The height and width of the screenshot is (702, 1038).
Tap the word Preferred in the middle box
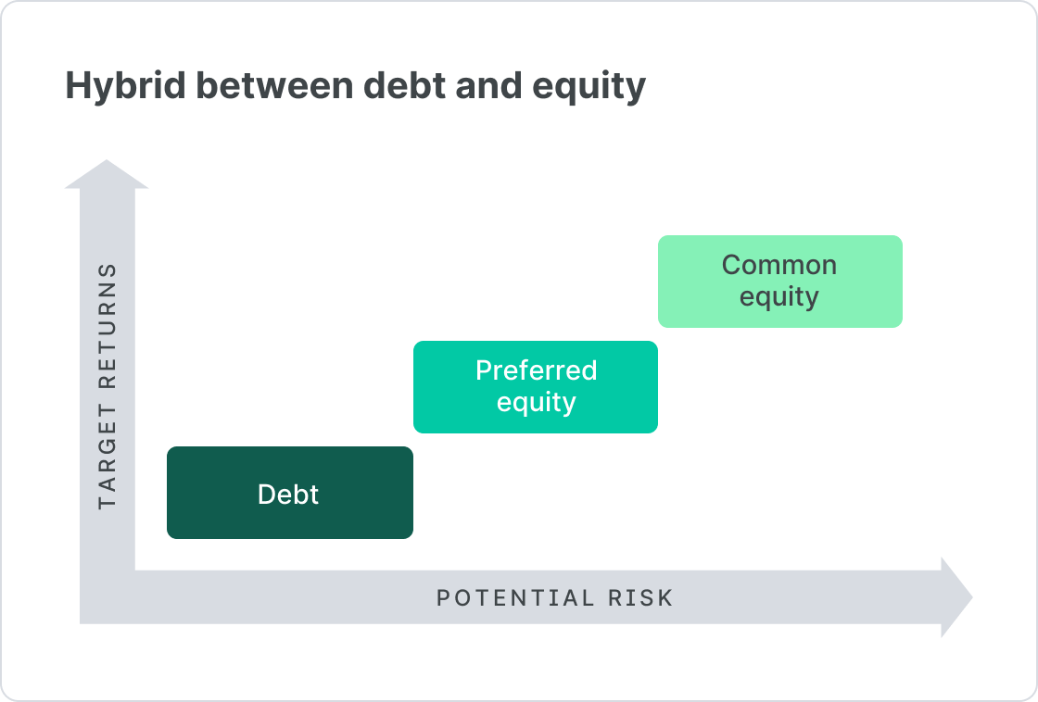(x=536, y=370)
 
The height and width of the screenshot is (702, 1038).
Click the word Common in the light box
(x=778, y=265)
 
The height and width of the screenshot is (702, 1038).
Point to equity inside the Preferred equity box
(x=536, y=403)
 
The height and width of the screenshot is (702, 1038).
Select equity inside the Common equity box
(x=778, y=297)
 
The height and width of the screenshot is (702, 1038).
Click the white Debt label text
(x=288, y=494)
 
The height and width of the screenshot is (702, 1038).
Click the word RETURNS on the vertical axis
(x=108, y=334)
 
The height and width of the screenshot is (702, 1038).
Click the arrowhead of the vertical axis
(x=108, y=176)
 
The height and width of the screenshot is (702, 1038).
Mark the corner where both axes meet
(x=108, y=597)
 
